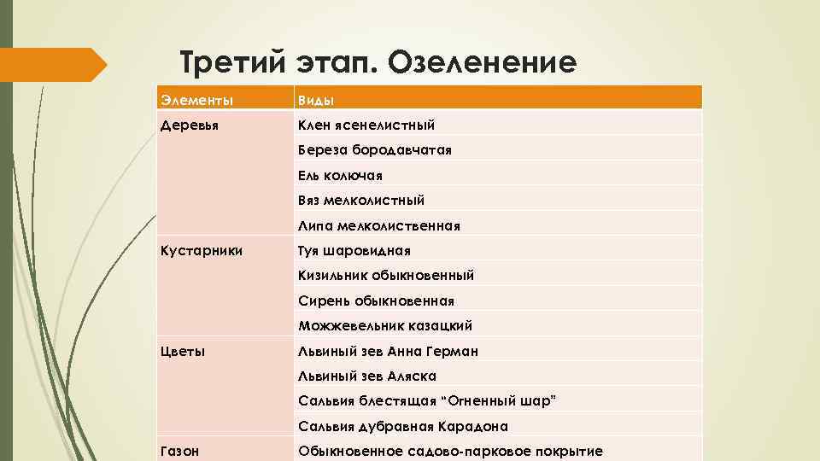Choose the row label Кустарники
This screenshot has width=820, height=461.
coord(202,251)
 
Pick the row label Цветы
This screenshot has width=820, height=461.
coord(183,351)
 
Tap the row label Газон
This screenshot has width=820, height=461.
coord(180,451)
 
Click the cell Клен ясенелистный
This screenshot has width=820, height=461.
coord(366,125)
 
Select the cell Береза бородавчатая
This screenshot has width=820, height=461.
coord(374,150)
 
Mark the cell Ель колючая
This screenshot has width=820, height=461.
coord(340,175)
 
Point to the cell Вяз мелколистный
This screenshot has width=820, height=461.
coord(361,201)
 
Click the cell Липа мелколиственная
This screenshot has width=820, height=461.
coord(379,226)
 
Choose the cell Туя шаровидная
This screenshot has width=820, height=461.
coord(354,251)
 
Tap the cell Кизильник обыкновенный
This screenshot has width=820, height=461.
coord(386,276)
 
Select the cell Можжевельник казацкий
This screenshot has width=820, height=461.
coord(385,325)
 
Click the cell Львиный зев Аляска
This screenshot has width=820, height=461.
coord(367,376)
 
